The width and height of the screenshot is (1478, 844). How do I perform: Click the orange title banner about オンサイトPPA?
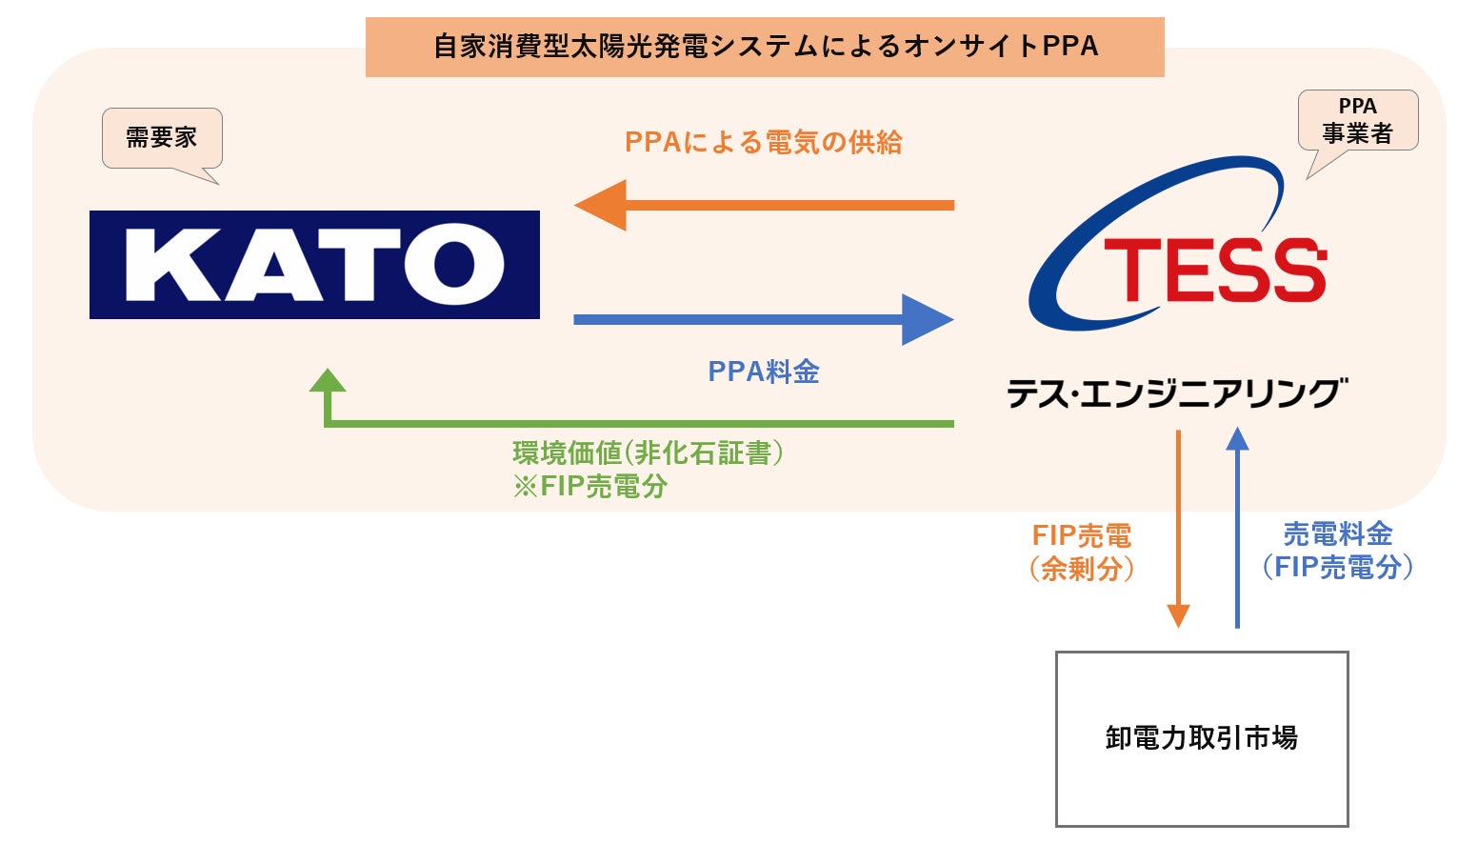click(x=765, y=47)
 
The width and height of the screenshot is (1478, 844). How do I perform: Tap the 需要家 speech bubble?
click(x=162, y=138)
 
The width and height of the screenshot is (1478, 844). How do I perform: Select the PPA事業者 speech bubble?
click(x=1357, y=120)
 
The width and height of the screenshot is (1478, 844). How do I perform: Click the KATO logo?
click(x=314, y=265)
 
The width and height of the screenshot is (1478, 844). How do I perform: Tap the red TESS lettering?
click(x=1214, y=271)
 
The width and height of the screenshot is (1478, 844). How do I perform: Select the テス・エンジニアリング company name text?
click(x=1177, y=392)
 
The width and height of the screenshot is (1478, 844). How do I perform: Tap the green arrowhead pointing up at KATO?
click(x=328, y=382)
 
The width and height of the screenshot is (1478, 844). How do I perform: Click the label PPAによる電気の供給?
click(x=764, y=143)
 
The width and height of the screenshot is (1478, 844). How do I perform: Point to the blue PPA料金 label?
click(x=764, y=372)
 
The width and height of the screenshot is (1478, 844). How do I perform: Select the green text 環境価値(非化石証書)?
click(x=648, y=452)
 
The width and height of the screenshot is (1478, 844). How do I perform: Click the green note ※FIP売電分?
click(x=590, y=486)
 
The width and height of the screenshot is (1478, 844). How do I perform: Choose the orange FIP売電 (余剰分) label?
click(x=1082, y=553)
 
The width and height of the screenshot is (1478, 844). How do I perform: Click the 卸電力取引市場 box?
click(x=1202, y=738)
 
